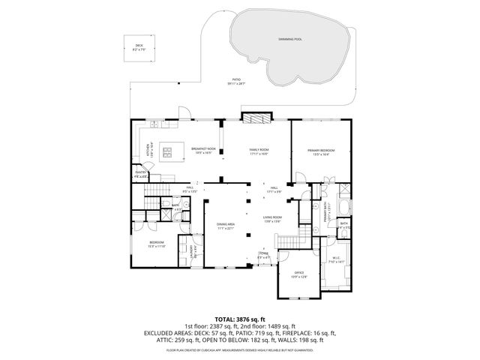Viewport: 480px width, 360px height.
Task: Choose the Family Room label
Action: pos(259,151)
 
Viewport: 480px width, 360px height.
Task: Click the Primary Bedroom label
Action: pos(321,151)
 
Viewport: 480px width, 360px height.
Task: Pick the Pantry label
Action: pos(140,173)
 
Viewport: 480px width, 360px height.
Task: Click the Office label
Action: pos(299,275)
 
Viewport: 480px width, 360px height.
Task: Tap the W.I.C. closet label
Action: pos(335,260)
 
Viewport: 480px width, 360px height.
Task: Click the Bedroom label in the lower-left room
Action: pos(156,244)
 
